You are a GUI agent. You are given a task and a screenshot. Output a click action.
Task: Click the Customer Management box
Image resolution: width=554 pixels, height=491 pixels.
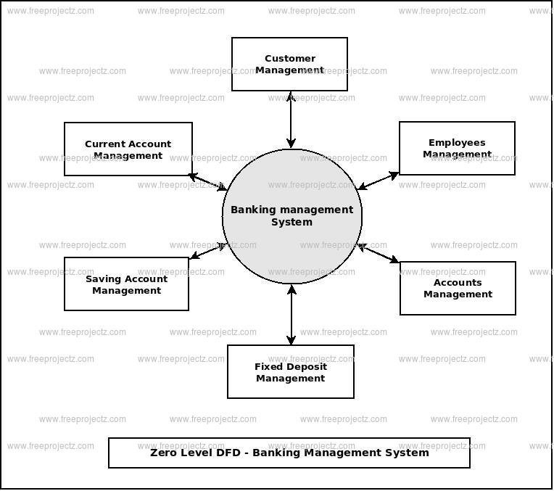[289, 65]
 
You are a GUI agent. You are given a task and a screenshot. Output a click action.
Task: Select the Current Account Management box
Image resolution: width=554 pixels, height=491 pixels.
[128, 149]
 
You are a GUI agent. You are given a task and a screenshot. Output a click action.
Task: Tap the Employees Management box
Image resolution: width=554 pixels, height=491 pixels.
[457, 149]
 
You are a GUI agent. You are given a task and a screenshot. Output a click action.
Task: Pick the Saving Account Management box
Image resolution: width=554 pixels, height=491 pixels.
[126, 284]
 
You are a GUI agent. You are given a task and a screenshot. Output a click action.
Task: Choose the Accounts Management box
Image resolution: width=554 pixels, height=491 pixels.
[458, 289]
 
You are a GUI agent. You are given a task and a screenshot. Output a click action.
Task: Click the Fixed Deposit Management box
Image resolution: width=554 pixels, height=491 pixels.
[290, 372]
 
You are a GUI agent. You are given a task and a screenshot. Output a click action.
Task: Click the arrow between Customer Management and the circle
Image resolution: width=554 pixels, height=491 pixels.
[290, 120]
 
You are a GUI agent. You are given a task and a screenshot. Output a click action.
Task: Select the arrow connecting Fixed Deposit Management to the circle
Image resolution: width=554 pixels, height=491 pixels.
[291, 315]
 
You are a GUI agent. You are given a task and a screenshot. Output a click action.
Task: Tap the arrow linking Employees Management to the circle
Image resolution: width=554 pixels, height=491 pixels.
[379, 181]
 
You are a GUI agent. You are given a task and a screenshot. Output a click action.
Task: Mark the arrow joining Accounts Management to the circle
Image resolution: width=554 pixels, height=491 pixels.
[379, 254]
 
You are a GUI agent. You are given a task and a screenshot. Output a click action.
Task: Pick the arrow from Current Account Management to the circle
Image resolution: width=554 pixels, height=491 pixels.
[207, 182]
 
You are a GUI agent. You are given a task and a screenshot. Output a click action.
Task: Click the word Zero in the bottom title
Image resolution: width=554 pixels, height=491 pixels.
[163, 453]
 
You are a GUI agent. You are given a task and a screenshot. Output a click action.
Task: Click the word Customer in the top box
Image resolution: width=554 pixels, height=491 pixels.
[290, 59]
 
